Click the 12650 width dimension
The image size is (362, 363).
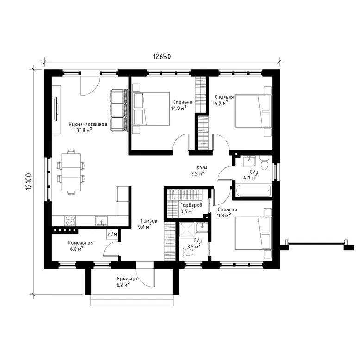[x=162, y=57]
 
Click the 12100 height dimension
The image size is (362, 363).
[x=29, y=182]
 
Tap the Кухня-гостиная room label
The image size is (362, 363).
[x=88, y=124]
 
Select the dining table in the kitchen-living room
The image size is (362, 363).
[x=71, y=172]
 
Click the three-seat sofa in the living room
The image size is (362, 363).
[x=119, y=110]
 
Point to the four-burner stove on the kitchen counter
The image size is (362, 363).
[x=70, y=220]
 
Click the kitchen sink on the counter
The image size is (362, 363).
[x=102, y=220]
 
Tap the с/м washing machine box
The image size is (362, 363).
[x=112, y=234]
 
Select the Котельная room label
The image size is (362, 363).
[x=81, y=243]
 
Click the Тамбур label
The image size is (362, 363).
[x=149, y=221]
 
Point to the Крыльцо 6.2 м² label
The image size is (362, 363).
[x=126, y=281]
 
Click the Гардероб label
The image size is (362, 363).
[x=191, y=205]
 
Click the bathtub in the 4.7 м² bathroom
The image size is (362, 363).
[x=253, y=191]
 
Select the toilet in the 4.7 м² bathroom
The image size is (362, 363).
[x=264, y=162]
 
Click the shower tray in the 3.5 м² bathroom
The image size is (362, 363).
[x=187, y=229]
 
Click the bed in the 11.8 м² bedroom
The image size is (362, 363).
[x=253, y=233]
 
